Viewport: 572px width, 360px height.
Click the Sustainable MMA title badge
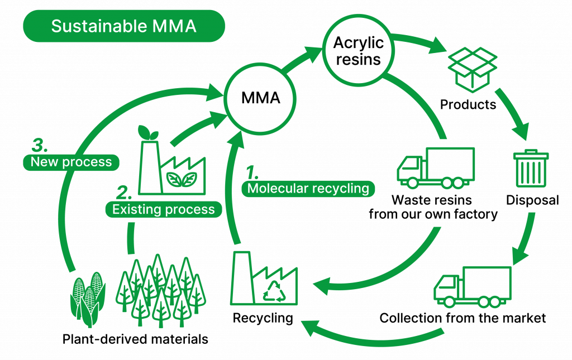coord(123,26)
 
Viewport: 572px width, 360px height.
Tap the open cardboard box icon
coord(473,69)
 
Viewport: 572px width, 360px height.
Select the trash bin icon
coord(531,168)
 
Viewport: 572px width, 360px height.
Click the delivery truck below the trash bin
coord(473,287)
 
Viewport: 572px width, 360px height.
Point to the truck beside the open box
coord(436,167)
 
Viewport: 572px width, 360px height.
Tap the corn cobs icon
coord(87,300)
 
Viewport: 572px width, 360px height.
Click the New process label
coord(71,162)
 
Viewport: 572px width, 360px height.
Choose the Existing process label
coord(163,210)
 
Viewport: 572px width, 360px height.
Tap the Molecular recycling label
coord(308,189)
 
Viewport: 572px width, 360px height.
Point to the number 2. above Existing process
coord(124,193)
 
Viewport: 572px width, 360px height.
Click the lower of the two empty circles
coord(260,98)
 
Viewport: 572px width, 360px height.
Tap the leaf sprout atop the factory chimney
coord(147,132)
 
